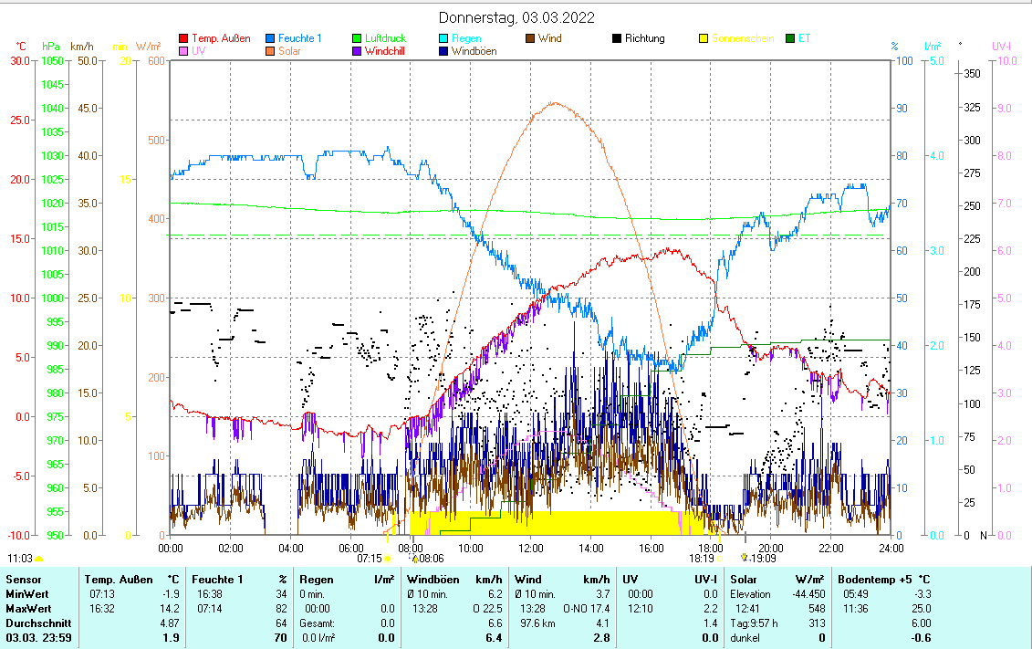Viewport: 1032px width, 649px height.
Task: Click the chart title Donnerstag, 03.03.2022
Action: (x=516, y=17)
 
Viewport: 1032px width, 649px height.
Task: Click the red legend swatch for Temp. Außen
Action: (x=183, y=38)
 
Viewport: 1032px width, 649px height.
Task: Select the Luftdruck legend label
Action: (x=385, y=38)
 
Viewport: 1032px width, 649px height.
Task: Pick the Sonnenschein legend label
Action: (x=743, y=38)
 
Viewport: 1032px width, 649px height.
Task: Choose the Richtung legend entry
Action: (x=644, y=38)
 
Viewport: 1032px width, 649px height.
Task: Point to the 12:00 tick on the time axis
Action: (x=530, y=548)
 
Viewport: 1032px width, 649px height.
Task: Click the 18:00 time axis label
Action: (x=710, y=548)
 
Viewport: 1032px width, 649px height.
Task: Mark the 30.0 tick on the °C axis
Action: (x=18, y=60)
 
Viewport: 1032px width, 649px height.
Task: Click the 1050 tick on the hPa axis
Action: (x=52, y=60)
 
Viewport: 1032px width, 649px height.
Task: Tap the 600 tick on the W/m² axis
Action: (x=155, y=60)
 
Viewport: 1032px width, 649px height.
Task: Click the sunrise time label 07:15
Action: (x=369, y=558)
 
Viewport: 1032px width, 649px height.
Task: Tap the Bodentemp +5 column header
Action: (x=876, y=579)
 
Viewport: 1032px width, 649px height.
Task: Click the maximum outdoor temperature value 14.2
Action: (x=170, y=608)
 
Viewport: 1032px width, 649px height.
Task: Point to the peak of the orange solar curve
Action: (x=554, y=102)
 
